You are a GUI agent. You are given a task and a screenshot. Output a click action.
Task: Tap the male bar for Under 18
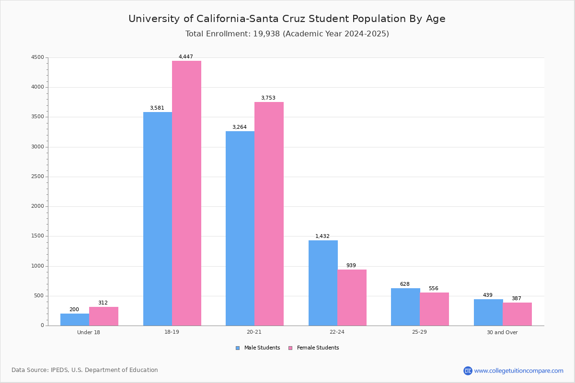click(75, 319)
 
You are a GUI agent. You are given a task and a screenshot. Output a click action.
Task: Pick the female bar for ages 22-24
click(352, 297)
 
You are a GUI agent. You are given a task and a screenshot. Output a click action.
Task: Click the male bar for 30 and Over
click(488, 312)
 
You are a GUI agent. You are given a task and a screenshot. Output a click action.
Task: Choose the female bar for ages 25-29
click(434, 309)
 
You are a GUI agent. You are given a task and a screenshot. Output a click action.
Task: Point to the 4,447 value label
click(186, 57)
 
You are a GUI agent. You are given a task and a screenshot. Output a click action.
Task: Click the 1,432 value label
click(322, 237)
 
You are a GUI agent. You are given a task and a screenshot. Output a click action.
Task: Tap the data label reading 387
click(516, 299)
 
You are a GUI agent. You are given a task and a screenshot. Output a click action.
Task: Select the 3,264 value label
click(240, 127)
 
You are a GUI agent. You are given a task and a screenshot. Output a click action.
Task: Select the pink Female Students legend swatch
click(290, 348)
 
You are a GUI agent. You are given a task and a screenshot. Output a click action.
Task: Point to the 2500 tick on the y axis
click(37, 177)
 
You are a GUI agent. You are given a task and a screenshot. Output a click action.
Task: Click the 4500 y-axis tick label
click(37, 57)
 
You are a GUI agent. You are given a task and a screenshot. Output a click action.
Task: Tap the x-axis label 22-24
click(337, 332)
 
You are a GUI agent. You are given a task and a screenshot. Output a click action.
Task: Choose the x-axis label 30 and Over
click(502, 332)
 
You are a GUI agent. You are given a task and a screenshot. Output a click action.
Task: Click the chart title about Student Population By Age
click(287, 19)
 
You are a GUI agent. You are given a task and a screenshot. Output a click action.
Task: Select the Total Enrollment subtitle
click(287, 34)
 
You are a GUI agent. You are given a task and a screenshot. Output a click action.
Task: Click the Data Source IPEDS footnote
click(85, 370)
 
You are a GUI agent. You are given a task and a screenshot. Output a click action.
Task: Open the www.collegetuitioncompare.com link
click(518, 371)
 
